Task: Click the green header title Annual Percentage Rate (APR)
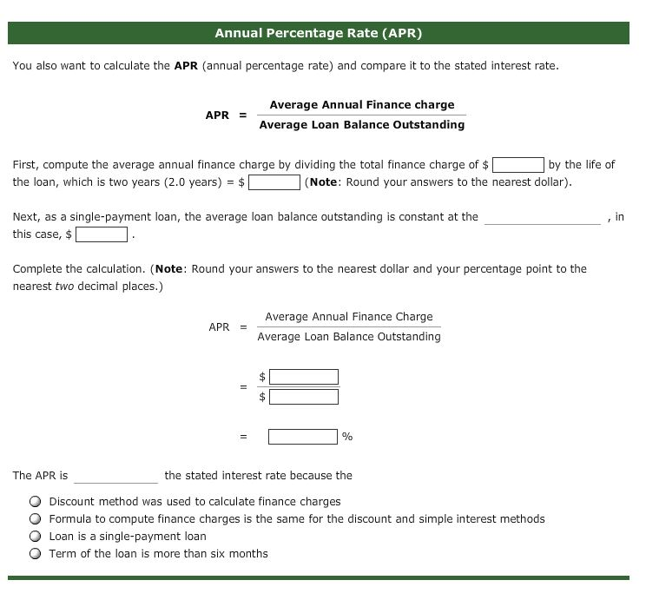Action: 319,34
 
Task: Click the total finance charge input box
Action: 518,165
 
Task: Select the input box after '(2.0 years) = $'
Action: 275,182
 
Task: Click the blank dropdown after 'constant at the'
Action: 542,217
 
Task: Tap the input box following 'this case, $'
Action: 102,234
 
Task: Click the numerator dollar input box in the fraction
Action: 303,377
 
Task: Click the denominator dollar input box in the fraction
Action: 303,397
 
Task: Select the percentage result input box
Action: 302,437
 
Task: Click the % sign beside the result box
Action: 347,437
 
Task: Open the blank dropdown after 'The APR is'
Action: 115,476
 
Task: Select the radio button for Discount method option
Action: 35,502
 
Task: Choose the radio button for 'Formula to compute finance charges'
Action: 35,519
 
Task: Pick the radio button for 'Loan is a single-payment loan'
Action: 35,537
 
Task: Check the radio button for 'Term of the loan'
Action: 35,554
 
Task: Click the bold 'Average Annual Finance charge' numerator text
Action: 361,105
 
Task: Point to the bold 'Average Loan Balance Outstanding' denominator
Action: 361,125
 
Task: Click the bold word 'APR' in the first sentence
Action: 186,66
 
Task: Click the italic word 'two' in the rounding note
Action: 65,287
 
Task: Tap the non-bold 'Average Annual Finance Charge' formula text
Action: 348,317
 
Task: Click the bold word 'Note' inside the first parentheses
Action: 324,182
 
